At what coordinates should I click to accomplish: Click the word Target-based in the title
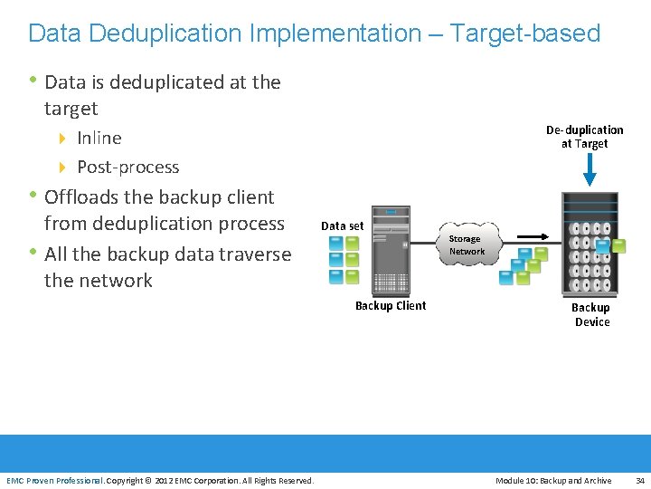(x=525, y=34)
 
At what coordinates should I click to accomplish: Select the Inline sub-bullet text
(x=99, y=138)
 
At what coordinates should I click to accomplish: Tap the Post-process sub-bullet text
(x=127, y=167)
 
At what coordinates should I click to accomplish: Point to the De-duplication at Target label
(x=584, y=137)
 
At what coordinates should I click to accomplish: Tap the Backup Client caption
(x=391, y=306)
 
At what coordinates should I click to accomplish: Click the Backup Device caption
(x=591, y=314)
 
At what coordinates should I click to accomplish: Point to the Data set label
(x=343, y=226)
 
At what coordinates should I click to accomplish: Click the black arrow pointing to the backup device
(x=533, y=238)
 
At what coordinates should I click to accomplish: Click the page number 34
(x=640, y=480)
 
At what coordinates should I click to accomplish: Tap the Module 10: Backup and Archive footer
(x=553, y=480)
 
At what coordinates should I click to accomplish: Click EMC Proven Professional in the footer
(x=55, y=480)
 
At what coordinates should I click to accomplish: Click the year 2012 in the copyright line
(x=165, y=480)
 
